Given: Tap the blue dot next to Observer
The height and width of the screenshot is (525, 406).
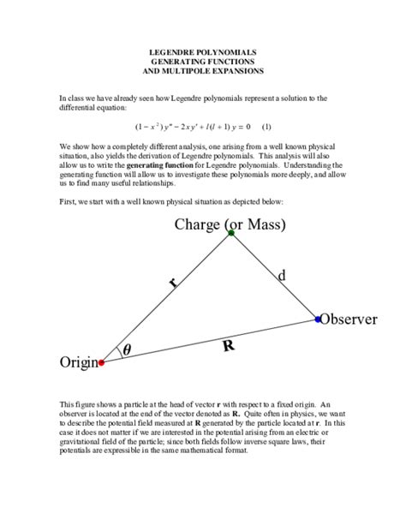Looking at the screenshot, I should click(318, 319).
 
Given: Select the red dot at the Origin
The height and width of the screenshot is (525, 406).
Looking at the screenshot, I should click(102, 363).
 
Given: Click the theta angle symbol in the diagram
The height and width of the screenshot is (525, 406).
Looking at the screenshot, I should click(128, 349).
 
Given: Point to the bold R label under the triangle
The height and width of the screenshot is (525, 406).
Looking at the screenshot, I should click(228, 346).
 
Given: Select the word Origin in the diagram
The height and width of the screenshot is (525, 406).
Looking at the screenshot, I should click(78, 363).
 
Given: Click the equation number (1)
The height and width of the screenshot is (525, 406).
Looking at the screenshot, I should click(266, 125).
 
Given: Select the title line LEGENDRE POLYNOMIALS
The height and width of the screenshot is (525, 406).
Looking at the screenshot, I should click(203, 51).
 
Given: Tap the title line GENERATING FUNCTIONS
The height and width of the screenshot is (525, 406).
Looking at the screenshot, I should click(203, 62).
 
